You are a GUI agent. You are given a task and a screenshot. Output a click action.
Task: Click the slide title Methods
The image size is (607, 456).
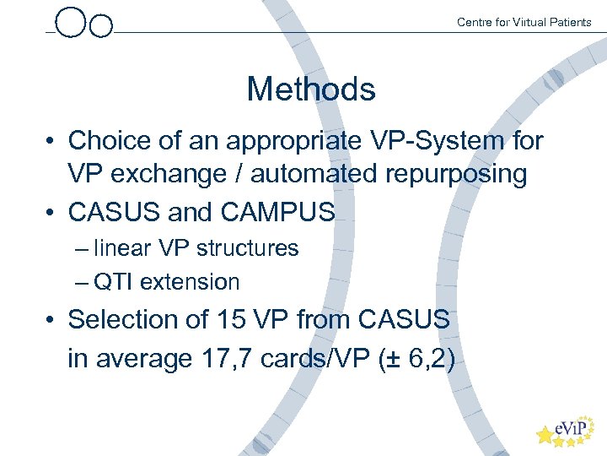[x=310, y=89]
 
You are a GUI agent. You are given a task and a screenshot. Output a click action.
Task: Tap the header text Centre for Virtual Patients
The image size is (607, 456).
[x=524, y=22]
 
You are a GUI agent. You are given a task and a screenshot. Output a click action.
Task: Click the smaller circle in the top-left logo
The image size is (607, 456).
[x=101, y=26]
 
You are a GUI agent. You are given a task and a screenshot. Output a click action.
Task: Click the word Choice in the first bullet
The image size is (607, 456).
[x=111, y=140]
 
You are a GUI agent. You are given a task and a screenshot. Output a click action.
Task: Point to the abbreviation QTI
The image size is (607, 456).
[x=113, y=282]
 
